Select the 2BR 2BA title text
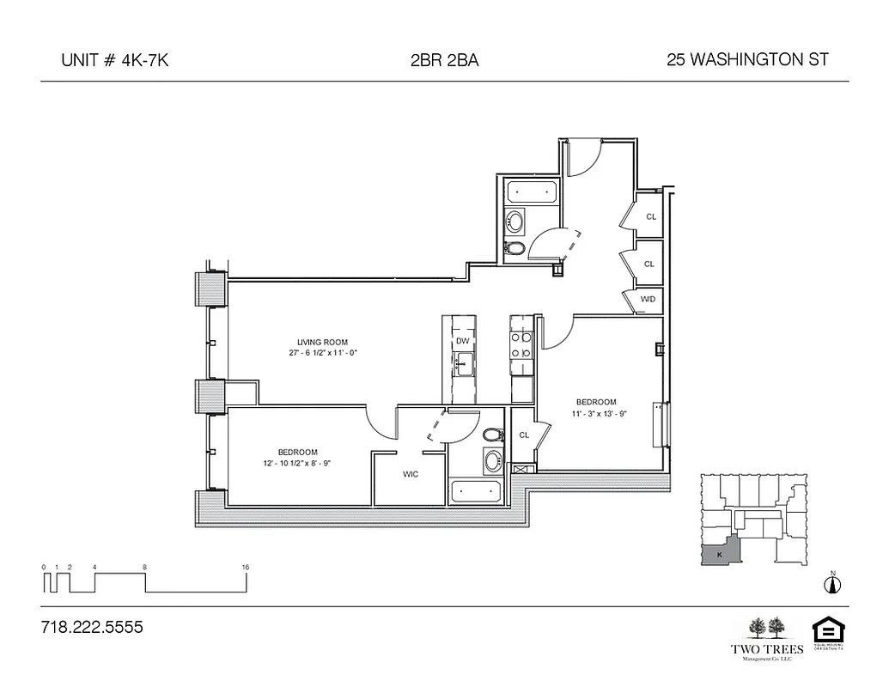(x=444, y=60)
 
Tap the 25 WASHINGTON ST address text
(x=747, y=60)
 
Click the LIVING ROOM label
(x=323, y=342)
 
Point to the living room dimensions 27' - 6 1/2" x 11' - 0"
(x=323, y=353)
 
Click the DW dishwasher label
(x=463, y=341)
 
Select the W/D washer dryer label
(x=648, y=299)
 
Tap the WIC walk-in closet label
(x=411, y=474)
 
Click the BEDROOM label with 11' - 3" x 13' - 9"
(x=595, y=402)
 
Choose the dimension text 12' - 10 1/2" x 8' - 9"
(x=297, y=463)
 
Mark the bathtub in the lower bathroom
(x=476, y=492)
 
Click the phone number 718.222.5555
(x=92, y=628)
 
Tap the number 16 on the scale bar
(x=247, y=568)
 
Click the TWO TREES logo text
(x=766, y=648)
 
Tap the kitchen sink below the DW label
(x=463, y=366)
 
